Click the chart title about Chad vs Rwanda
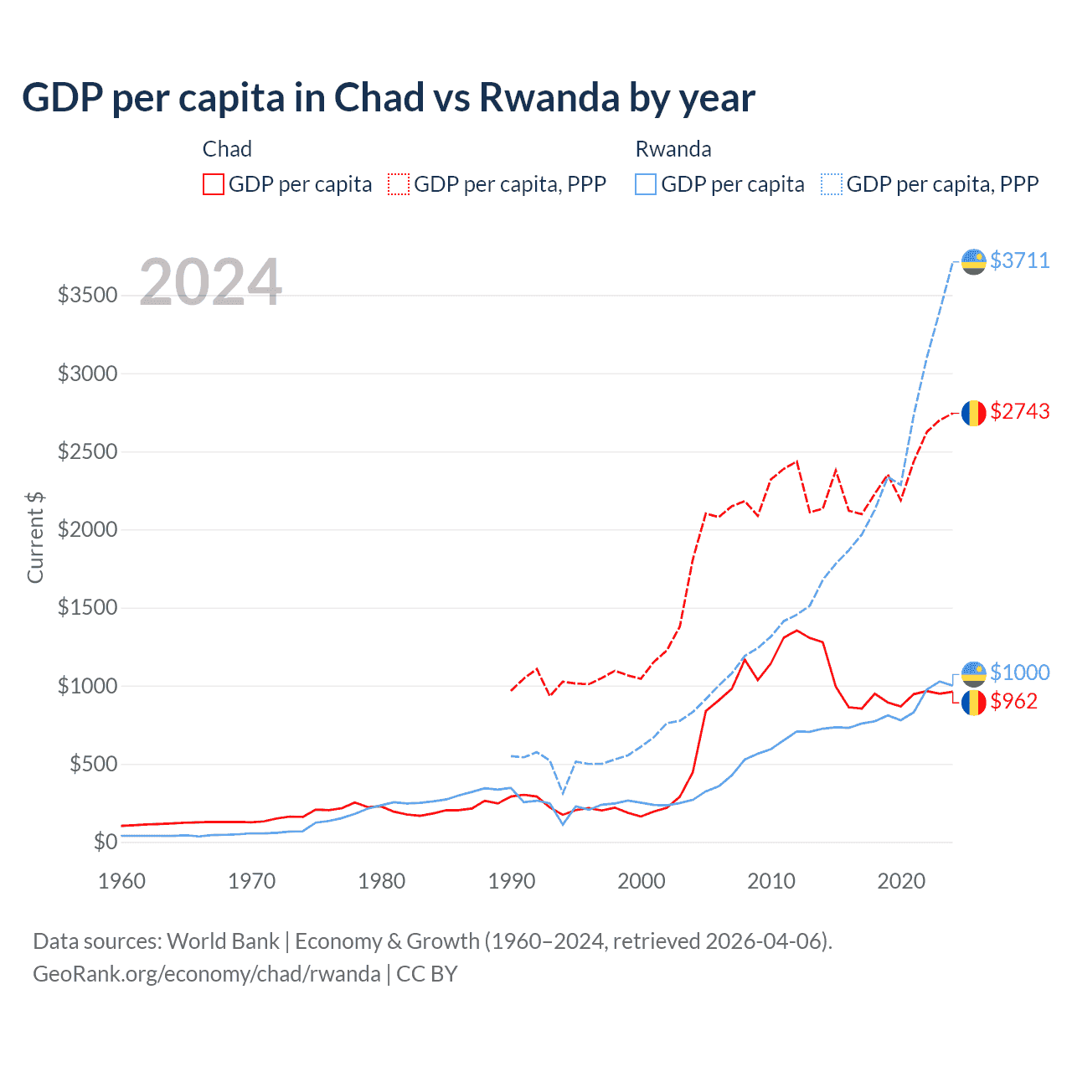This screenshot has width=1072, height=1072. pos(389,98)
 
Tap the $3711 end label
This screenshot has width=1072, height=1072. pos(1019,260)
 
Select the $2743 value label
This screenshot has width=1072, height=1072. pos(1019,411)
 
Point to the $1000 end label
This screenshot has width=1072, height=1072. pos(1019,673)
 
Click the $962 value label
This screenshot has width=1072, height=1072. pos(1013,701)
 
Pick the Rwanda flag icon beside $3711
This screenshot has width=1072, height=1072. pos(973,261)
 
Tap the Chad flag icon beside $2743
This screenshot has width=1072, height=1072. pos(973,412)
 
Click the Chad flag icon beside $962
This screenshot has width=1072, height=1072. pos(973,702)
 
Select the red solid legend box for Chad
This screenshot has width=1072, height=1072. pos(213,184)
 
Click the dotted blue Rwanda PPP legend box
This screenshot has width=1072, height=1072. pos(831,184)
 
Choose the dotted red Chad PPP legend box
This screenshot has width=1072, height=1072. pos(399,184)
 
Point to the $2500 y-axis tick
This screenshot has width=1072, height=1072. pos(87,451)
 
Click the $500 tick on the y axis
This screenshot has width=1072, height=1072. pos(92,764)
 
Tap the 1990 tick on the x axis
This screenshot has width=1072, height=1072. pos(512,881)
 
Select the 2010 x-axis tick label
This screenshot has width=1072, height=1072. pos(771,881)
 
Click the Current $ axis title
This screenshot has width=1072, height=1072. pos(35,538)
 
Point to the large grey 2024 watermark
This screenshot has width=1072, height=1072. pos(210,282)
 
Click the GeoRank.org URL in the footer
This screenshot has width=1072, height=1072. pos(207,974)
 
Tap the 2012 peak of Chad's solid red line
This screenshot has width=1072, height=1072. pos(797,630)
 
